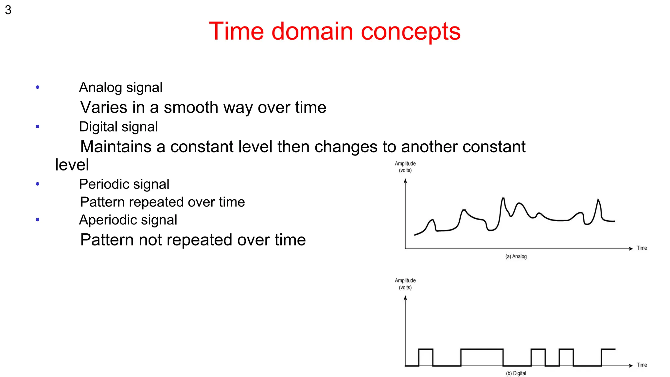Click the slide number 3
point(8,10)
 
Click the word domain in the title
point(312,31)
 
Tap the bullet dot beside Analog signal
point(38,87)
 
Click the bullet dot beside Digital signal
point(38,126)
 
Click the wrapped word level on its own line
point(72,165)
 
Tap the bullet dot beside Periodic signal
point(38,184)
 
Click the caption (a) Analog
point(516,257)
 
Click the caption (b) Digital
point(516,373)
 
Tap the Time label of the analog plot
point(642,248)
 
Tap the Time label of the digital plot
point(642,365)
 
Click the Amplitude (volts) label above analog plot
point(405,167)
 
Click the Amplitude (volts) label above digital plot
point(405,284)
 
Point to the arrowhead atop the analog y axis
point(405,181)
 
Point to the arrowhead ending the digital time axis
point(630,366)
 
